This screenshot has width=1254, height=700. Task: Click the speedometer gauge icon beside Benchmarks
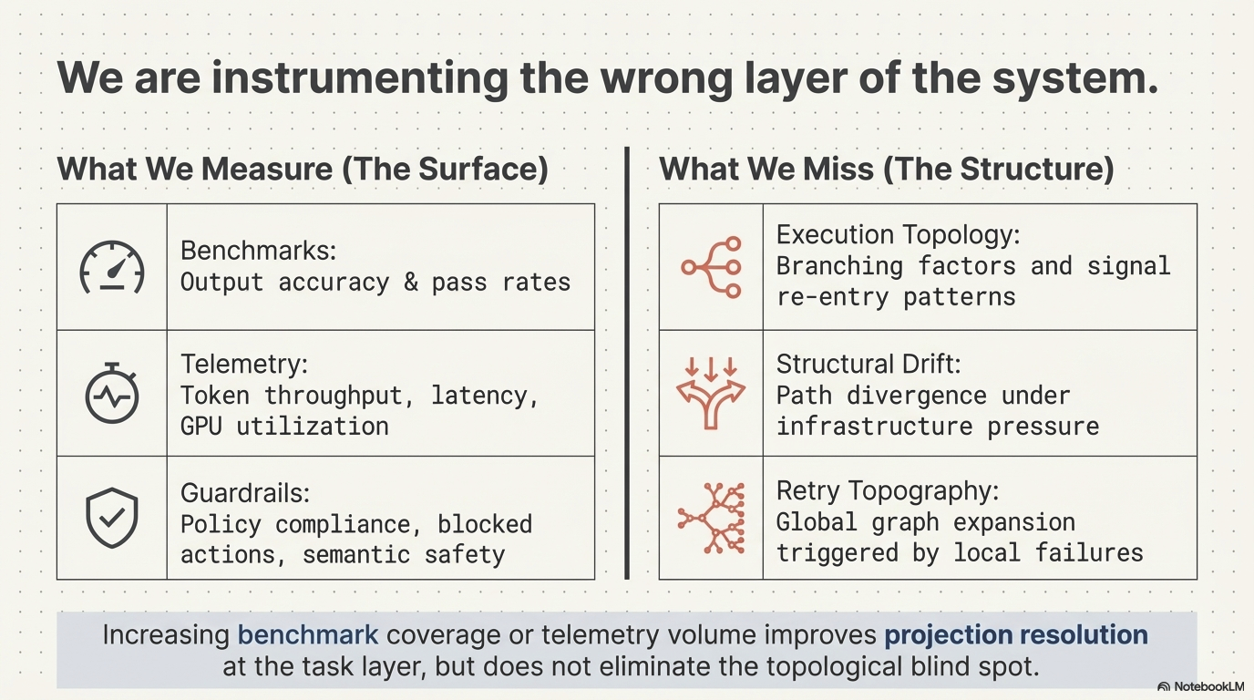tap(112, 267)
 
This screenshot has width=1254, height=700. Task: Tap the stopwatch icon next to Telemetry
tap(112, 394)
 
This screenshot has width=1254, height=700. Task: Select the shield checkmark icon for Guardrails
tap(112, 519)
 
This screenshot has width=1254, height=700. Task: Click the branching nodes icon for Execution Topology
tap(712, 267)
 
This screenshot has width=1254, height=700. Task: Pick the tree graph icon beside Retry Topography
tap(712, 519)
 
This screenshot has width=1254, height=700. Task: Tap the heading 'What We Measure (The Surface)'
tap(303, 169)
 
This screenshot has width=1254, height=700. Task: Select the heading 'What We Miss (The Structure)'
tap(887, 169)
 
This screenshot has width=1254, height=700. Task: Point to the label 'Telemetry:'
tap(244, 364)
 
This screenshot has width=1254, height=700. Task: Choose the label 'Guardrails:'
tap(245, 493)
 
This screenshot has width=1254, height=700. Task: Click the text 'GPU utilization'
tap(284, 426)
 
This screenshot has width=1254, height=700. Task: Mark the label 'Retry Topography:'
tap(888, 490)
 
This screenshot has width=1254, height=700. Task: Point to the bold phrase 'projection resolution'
tap(1016, 634)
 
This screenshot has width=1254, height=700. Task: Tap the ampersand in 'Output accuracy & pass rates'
tap(411, 282)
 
